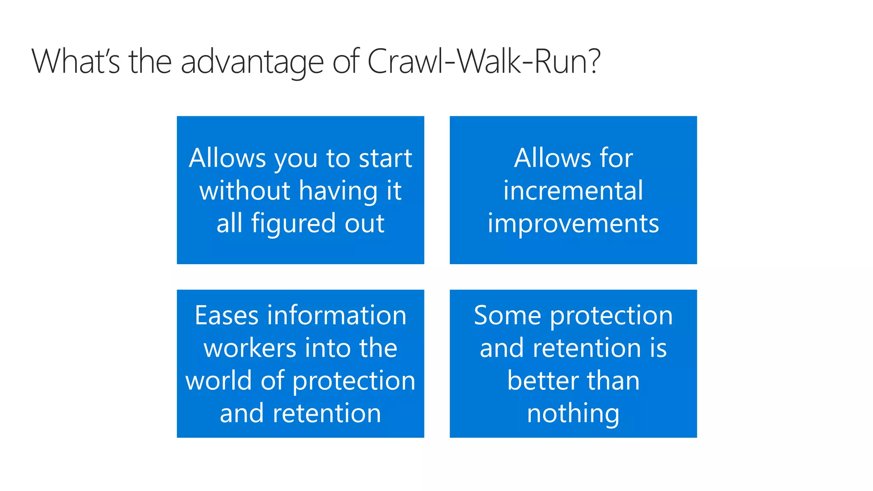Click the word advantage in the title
pos(252,62)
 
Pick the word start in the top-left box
pos(385,158)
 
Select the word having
pos(338,191)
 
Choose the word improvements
pos(573,224)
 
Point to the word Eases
pos(226,316)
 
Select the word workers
pos(249,348)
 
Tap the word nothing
pos(573,414)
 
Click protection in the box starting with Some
pos(611,317)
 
